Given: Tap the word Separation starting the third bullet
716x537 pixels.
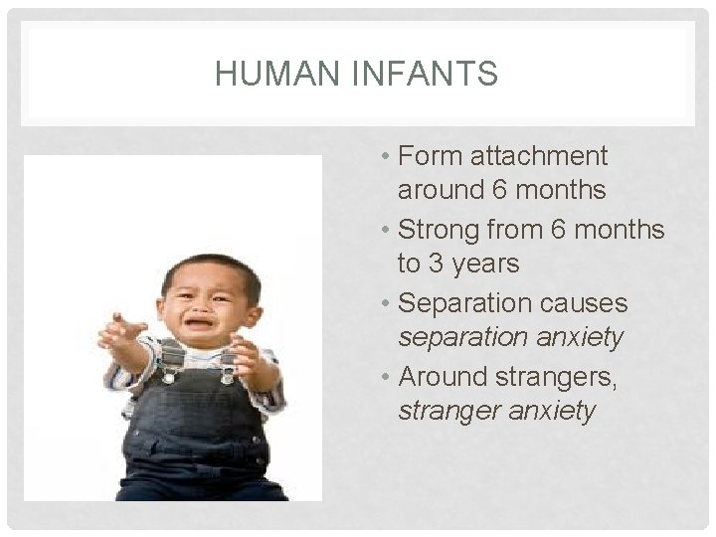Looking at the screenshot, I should [466, 303].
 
